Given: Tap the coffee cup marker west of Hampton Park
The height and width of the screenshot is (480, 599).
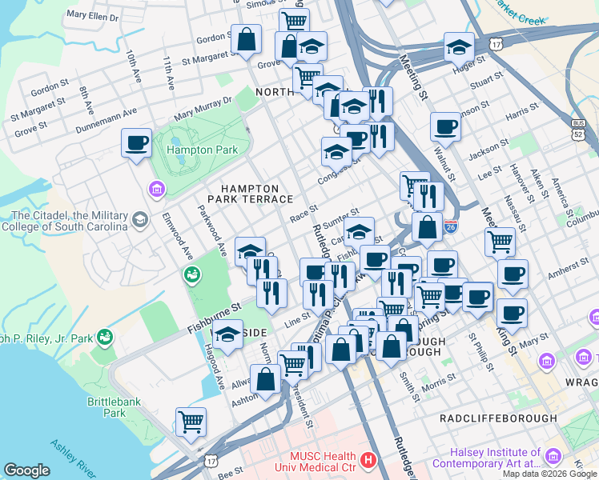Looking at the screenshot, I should [x=137, y=143].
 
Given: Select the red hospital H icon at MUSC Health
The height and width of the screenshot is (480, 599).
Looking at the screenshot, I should [x=368, y=460].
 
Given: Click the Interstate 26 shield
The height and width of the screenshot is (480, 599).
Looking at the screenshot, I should [x=451, y=228].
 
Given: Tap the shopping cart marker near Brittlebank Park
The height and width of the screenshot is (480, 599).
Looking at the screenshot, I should [x=191, y=421].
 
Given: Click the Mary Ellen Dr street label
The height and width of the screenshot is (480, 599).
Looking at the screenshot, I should [x=93, y=15].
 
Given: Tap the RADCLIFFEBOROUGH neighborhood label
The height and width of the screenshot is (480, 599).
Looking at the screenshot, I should [x=498, y=418].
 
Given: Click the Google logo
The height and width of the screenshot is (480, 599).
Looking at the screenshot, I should [x=26, y=470].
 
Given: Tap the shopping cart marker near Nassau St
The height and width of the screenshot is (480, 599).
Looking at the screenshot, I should [x=501, y=241].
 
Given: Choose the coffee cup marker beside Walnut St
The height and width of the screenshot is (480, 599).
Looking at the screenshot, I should [x=445, y=126].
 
